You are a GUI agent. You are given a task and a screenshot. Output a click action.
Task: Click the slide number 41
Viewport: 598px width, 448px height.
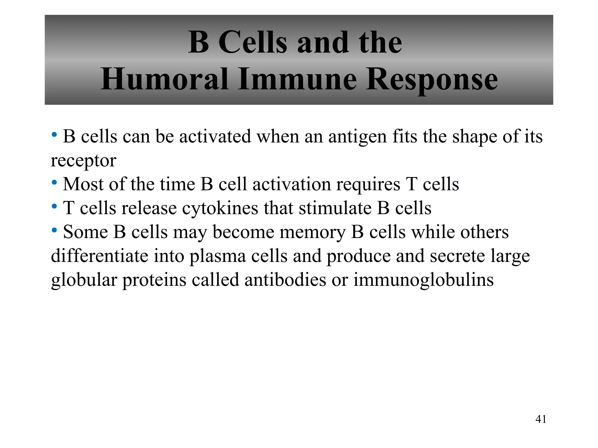tap(541, 419)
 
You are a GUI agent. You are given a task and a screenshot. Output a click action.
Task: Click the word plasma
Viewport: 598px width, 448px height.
tap(218, 256)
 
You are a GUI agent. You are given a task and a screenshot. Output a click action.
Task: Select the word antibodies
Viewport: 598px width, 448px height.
tap(285, 280)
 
